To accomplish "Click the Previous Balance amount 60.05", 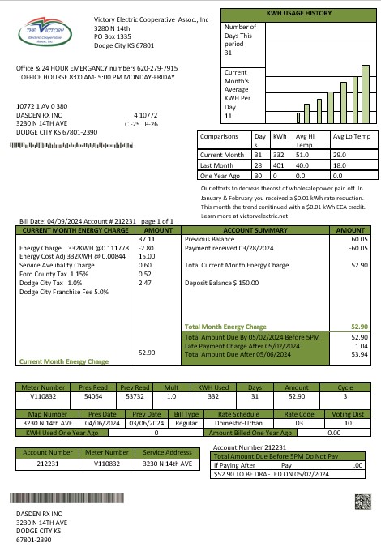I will click(x=359, y=240).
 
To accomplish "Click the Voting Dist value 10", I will click(x=349, y=423).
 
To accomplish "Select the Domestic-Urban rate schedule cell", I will click(x=239, y=423).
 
